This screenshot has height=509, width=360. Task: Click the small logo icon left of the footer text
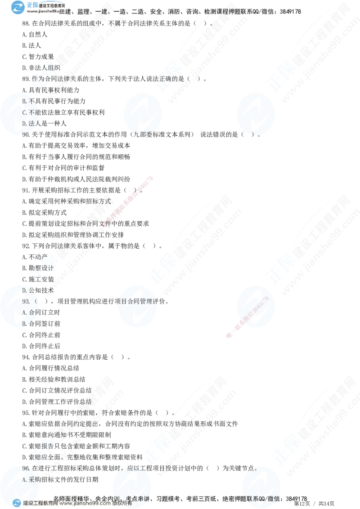coord(17,503)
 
